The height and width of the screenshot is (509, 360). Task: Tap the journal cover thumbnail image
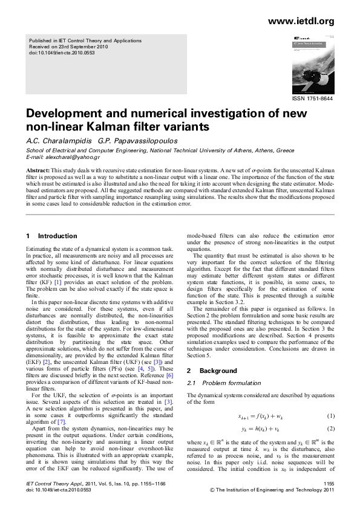[312, 63]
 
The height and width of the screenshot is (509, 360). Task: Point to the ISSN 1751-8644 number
[312, 99]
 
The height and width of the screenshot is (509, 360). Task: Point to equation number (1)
[330, 416]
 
